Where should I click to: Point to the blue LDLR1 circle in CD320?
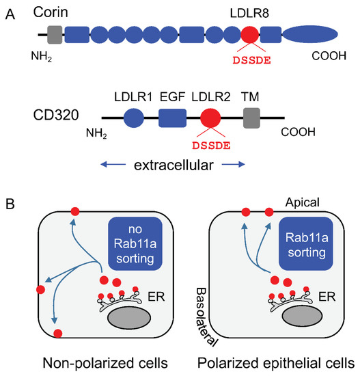point(134,121)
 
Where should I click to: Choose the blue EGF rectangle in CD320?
point(172,121)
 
